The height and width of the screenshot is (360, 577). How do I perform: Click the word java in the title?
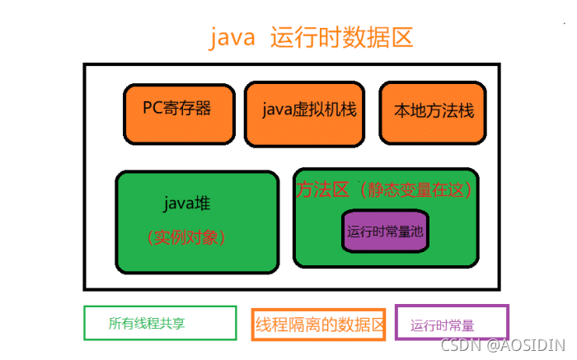[232, 37]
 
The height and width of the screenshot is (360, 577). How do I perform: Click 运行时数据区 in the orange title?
[340, 37]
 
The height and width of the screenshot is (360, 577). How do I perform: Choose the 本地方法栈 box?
[432, 111]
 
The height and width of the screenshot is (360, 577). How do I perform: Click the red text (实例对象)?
[186, 237]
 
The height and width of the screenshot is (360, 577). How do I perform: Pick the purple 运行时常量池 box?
[385, 231]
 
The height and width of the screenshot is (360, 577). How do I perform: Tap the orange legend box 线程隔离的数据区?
[319, 324]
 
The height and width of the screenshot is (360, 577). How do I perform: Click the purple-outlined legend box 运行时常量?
[452, 323]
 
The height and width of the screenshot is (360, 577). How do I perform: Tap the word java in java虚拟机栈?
[277, 110]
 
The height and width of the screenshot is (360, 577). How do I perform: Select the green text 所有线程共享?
[147, 324]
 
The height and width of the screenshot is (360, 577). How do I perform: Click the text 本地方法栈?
[434, 110]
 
